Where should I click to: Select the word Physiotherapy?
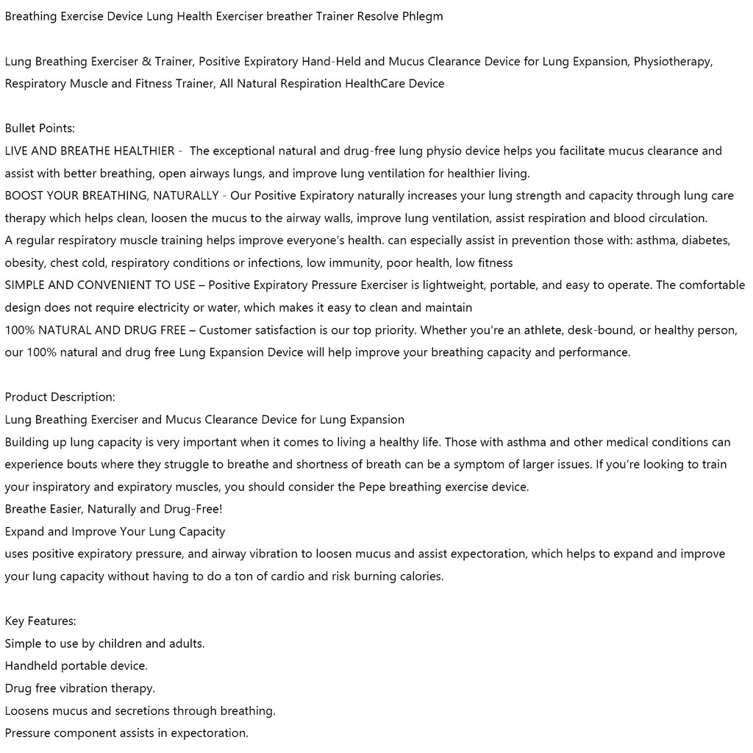click(672, 61)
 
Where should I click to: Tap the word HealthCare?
click(375, 83)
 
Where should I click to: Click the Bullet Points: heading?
click(40, 128)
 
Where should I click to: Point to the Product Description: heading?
click(60, 397)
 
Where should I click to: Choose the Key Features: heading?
click(40, 621)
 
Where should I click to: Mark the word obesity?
click(24, 263)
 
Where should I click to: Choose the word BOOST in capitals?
click(23, 196)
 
